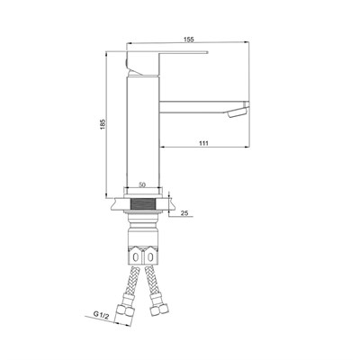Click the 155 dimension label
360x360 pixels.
pyautogui.click(x=189, y=39)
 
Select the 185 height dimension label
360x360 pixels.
pyautogui.click(x=103, y=124)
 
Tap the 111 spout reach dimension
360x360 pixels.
pyautogui.click(x=203, y=143)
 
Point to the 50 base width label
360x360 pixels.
pyautogui.click(x=142, y=185)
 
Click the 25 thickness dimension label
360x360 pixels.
pyautogui.click(x=184, y=213)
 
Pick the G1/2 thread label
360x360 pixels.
pyautogui.click(x=101, y=314)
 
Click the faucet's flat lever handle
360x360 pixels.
pyautogui.click(x=168, y=53)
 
